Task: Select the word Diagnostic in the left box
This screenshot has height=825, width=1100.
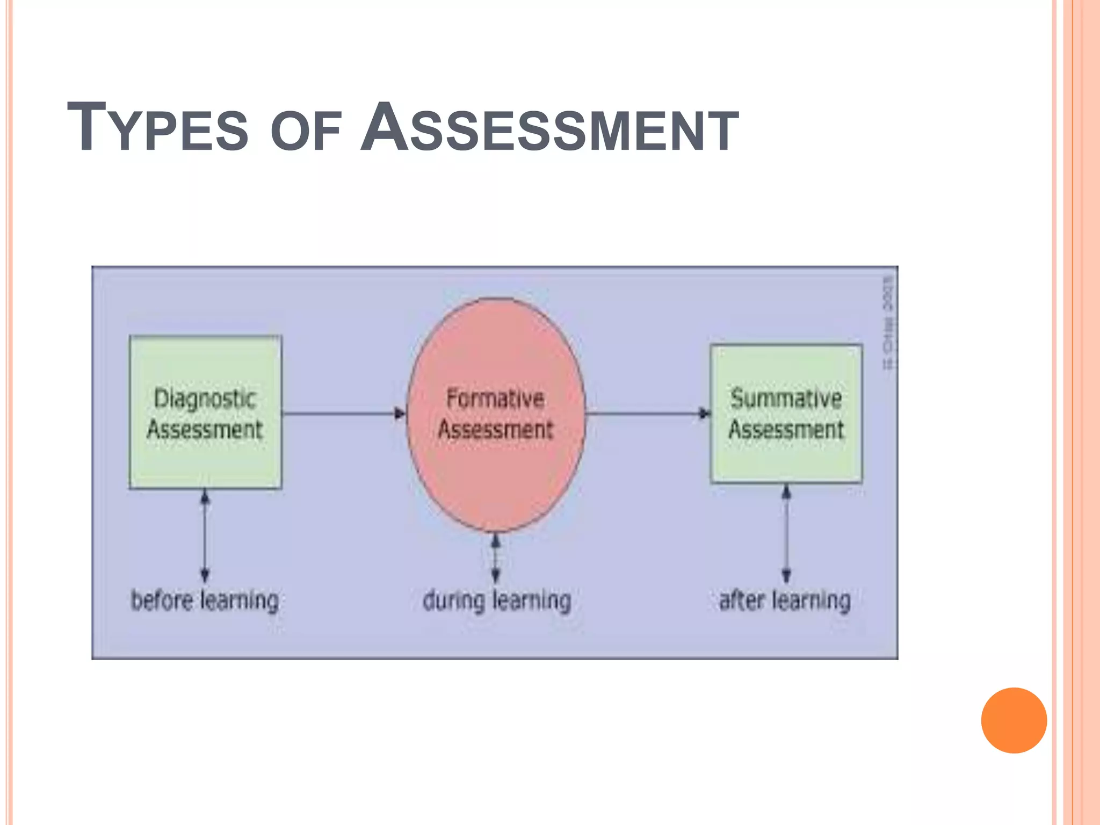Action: coord(205,399)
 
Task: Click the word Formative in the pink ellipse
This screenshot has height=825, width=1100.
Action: coord(495,399)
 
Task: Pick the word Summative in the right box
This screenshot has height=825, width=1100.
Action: coord(786,399)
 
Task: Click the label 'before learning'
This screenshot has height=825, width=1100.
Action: coord(205,600)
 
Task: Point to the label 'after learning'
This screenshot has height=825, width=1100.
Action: coord(785,600)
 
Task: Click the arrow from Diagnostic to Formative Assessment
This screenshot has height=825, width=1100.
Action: coord(344,414)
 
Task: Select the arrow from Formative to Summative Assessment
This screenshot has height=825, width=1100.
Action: coord(647,414)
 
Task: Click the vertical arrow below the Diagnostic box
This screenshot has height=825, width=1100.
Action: coord(205,535)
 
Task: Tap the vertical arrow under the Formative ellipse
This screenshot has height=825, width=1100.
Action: coord(496,559)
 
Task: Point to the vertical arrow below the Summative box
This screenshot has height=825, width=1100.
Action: coord(786,533)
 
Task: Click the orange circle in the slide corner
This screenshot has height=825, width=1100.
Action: coord(1014,720)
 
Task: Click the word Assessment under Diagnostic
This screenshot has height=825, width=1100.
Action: coord(205,430)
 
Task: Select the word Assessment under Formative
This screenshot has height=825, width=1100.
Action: coord(495,430)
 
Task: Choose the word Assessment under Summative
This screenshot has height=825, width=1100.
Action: coord(786,430)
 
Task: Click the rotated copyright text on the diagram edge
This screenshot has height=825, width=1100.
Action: coord(888,322)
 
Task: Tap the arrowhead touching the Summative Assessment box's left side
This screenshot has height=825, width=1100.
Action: coord(705,414)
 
